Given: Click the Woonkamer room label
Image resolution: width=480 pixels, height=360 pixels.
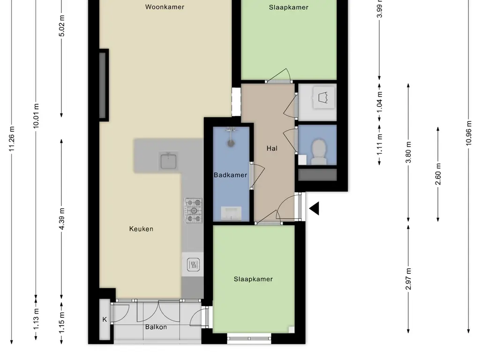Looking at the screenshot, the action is point(165,7).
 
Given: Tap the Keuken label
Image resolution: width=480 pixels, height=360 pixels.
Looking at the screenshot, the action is point(141,229).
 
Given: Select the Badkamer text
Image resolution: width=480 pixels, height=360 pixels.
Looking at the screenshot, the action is point(230,175).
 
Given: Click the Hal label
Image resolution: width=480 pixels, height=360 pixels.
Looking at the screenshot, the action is point(272,149).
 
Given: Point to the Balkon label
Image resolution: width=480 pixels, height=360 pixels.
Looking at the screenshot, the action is point(156,327).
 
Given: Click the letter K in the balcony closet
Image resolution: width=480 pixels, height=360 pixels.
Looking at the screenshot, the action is point(105,319).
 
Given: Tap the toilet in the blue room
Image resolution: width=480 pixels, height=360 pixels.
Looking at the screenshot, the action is point(318,152).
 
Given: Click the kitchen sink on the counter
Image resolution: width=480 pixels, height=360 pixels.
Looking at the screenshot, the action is point(168,161).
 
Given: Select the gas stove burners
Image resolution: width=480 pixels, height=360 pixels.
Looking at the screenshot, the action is point(194,210).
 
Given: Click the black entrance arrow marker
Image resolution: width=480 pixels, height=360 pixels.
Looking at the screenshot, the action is point(314,208).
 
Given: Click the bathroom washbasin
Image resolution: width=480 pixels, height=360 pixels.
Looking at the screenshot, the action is point(231,213).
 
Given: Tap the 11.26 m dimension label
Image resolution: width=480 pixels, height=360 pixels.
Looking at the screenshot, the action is point(12,138).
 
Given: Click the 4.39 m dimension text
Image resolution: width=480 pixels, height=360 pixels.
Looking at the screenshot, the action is point(61,218).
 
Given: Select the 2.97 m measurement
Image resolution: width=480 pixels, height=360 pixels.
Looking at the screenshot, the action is point(408,278).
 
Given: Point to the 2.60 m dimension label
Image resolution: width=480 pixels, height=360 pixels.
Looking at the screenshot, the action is point(438,174).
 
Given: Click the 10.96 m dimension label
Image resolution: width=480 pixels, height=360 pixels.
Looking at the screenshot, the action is point(469,133).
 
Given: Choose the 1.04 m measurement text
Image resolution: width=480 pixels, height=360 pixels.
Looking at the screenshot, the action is point(380,102).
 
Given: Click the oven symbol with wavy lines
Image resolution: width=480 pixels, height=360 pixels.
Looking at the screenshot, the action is point(193,264).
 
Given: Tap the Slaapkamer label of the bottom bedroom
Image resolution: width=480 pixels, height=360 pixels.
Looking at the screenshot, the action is point(253,279).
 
